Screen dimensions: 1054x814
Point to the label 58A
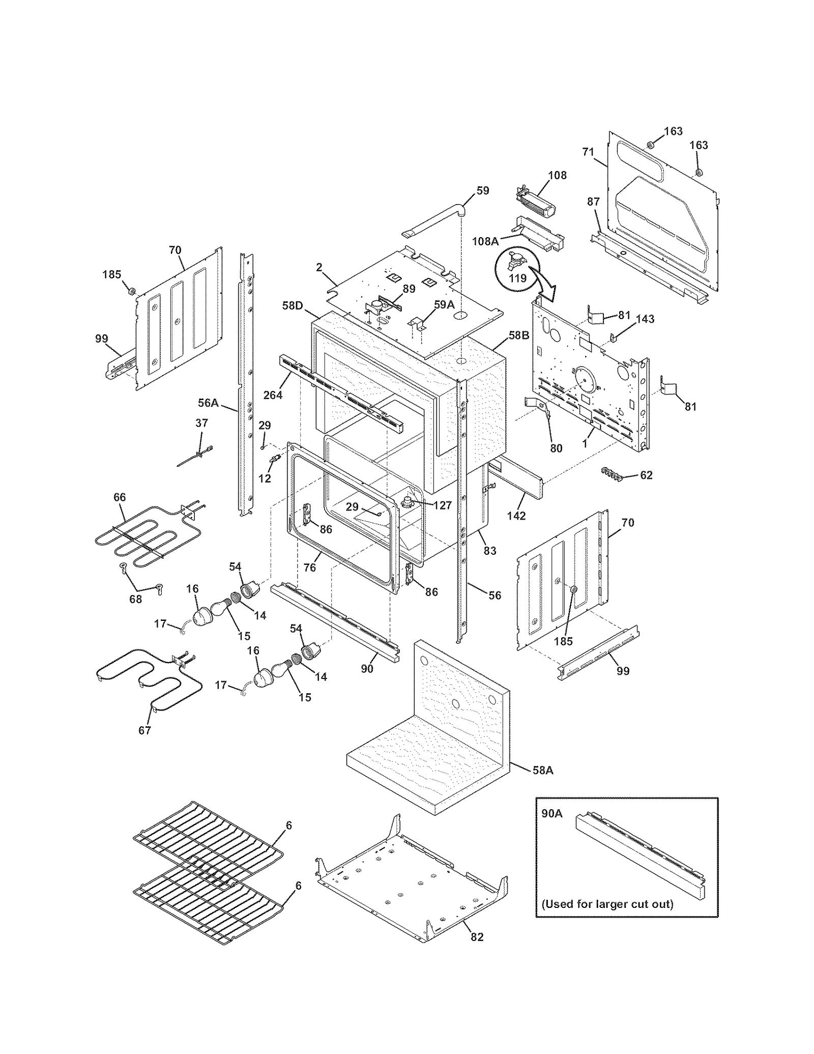click(x=542, y=784)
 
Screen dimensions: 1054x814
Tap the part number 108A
click(x=485, y=241)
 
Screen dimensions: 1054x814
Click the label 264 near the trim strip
click(x=273, y=394)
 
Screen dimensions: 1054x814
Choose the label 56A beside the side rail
click(x=208, y=403)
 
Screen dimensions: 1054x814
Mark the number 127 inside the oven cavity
click(x=443, y=505)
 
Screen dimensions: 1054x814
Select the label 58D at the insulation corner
click(x=293, y=306)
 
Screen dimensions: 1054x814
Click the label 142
click(x=516, y=516)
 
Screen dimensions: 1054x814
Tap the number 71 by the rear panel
click(x=588, y=152)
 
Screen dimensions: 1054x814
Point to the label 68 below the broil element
click(x=135, y=599)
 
